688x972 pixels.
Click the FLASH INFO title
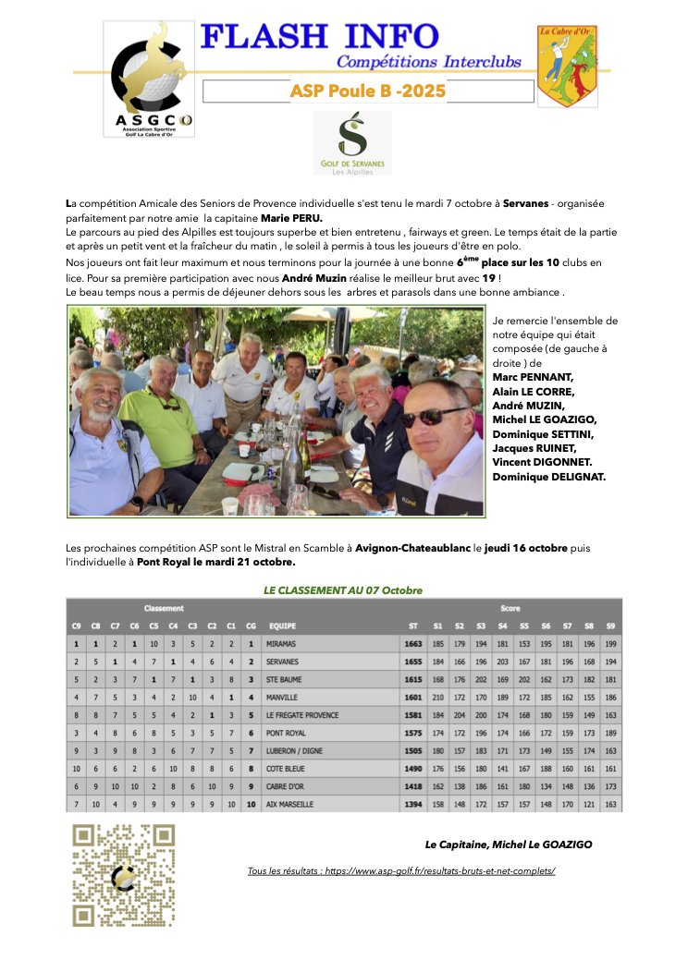(x=319, y=36)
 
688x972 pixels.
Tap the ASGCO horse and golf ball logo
(x=148, y=79)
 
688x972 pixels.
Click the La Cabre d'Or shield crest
(x=567, y=64)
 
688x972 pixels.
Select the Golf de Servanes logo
(x=352, y=142)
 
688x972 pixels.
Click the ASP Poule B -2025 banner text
(x=367, y=91)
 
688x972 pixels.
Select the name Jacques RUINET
(x=534, y=447)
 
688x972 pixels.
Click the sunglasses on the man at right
(x=434, y=418)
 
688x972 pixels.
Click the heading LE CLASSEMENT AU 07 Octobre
(x=343, y=589)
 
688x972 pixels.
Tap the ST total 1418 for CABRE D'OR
(x=412, y=786)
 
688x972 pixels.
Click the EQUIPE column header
(x=280, y=626)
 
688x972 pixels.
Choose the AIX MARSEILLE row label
(x=289, y=805)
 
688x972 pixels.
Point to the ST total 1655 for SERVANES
(x=412, y=662)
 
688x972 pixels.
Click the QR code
(x=123, y=873)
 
